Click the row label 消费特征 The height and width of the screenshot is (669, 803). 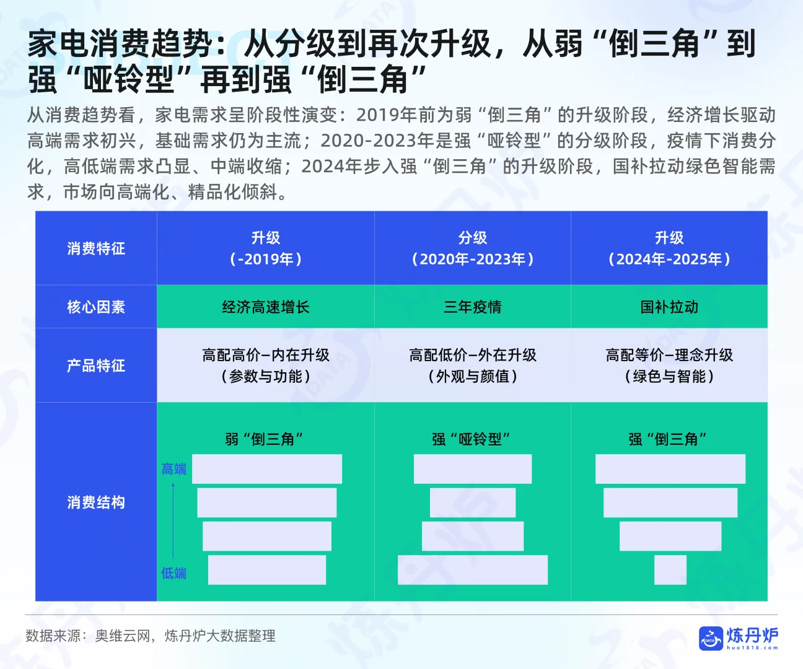[96, 248]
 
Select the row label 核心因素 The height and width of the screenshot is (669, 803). [96, 307]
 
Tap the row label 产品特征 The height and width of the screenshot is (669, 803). [96, 365]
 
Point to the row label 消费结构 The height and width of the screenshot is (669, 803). [96, 502]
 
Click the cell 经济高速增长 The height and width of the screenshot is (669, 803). [265, 307]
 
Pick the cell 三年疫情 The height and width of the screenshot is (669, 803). [473, 307]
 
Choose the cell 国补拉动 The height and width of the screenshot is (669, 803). [669, 307]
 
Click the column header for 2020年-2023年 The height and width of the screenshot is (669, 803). [473, 248]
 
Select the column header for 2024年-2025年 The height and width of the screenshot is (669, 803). [669, 248]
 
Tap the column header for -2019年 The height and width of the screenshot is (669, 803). [265, 248]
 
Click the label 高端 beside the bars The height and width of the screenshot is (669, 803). [173, 469]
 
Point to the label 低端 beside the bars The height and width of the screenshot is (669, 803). [173, 573]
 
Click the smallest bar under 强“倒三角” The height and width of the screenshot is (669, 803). [670, 570]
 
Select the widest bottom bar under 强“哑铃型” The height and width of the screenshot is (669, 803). [473, 570]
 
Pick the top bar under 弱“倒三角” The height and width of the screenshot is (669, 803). [267, 469]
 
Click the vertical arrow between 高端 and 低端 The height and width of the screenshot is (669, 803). [173, 520]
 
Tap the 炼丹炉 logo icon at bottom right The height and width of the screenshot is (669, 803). [710, 639]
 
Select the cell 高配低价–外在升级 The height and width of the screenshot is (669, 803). [473, 355]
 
